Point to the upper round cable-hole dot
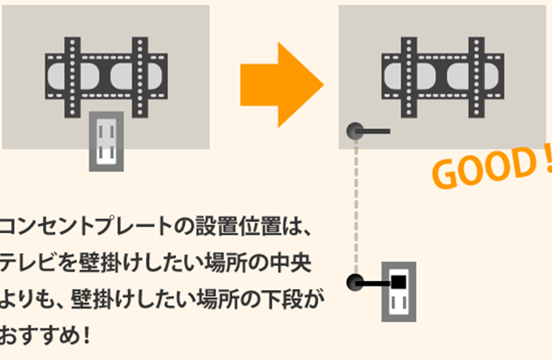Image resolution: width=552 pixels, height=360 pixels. point(355,132)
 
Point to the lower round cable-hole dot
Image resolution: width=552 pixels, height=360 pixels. point(354,283)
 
